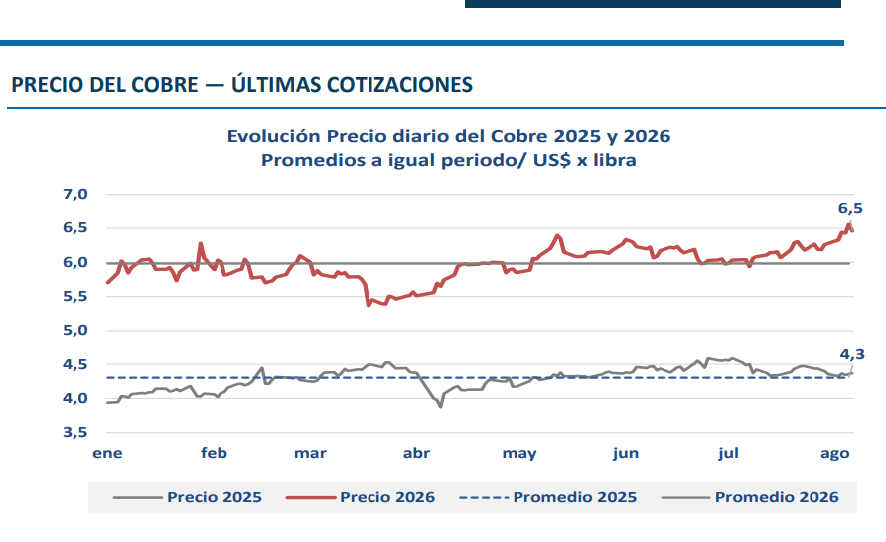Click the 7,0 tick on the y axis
pyautogui.click(x=75, y=194)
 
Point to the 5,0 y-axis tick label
pyautogui.click(x=75, y=330)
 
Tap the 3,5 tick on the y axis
pyautogui.click(x=75, y=433)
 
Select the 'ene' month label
pyautogui.click(x=107, y=454)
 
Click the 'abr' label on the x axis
pyautogui.click(x=416, y=453)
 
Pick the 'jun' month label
pyautogui.click(x=626, y=454)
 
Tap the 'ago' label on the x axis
pyautogui.click(x=835, y=454)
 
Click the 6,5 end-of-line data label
pyautogui.click(x=850, y=208)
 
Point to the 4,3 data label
pyautogui.click(x=852, y=354)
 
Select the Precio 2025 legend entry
pyautogui.click(x=188, y=497)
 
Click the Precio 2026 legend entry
pyautogui.click(x=361, y=497)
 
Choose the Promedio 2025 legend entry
pyautogui.click(x=548, y=497)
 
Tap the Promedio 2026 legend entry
pyautogui.click(x=750, y=497)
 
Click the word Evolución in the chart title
pyautogui.click(x=274, y=136)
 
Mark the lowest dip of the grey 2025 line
pyautogui.click(x=440, y=406)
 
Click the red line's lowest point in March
pyautogui.click(x=369, y=305)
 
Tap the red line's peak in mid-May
pyautogui.click(x=557, y=236)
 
